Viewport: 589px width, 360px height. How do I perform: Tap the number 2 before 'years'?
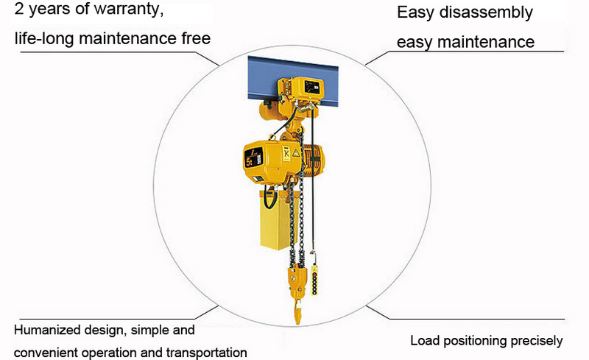[x=9, y=11]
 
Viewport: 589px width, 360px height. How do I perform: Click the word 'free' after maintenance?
[x=193, y=38]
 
